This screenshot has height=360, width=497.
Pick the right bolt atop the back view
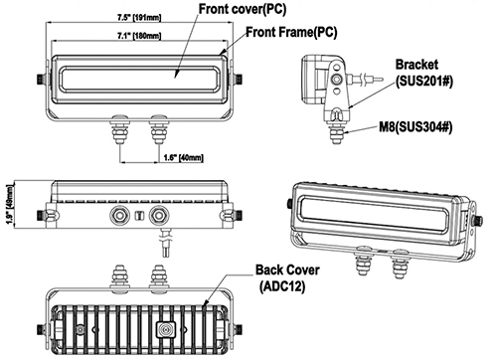(158, 274)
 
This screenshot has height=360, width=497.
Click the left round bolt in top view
(116, 215)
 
